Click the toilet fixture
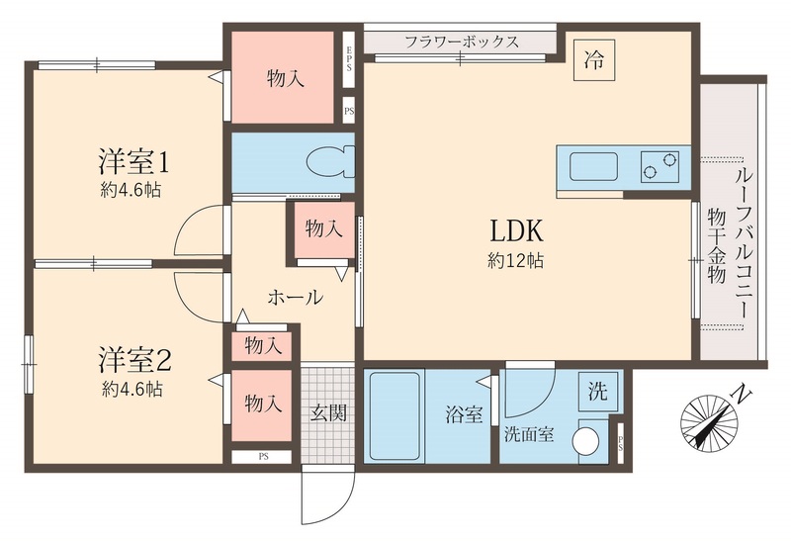click(325, 160)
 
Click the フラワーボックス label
click(462, 43)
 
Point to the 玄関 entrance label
click(327, 413)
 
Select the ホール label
click(294, 297)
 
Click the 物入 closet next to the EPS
click(285, 79)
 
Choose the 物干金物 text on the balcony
click(716, 245)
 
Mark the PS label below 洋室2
click(263, 456)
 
